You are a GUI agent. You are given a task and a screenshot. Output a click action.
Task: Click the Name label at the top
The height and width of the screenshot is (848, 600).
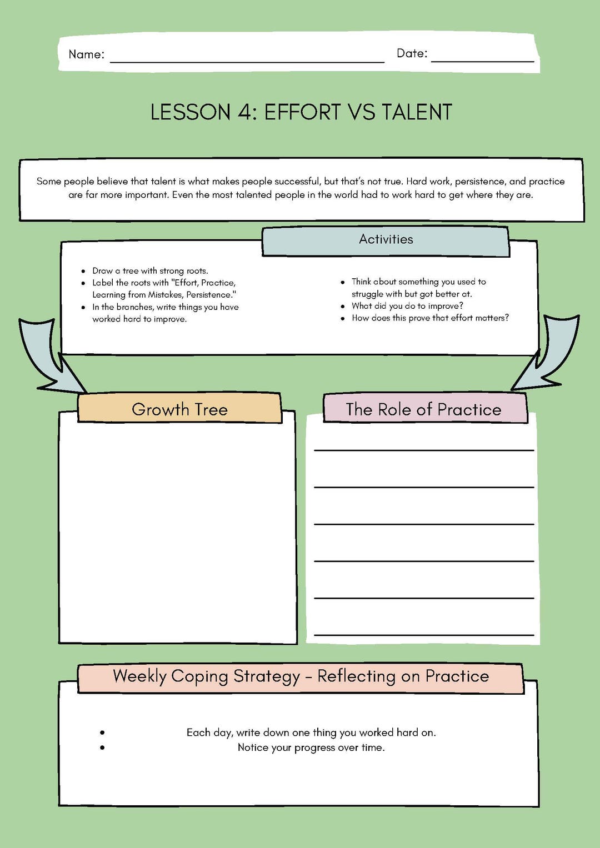[x=86, y=54]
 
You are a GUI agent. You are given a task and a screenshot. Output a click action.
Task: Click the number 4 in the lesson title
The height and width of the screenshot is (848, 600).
[x=244, y=112]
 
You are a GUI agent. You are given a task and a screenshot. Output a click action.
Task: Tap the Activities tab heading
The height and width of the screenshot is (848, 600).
[x=386, y=239]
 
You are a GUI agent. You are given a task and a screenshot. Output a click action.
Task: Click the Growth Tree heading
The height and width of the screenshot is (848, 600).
[x=179, y=409]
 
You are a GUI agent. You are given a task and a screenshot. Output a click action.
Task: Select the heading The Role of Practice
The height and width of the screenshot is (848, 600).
[x=423, y=409]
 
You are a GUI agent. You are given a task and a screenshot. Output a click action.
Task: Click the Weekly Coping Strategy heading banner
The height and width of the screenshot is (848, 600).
[x=301, y=676]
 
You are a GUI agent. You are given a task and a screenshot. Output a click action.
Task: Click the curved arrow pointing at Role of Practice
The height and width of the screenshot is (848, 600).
[x=550, y=355]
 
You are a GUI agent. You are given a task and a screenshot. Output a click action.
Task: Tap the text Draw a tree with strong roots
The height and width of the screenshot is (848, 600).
[x=150, y=271]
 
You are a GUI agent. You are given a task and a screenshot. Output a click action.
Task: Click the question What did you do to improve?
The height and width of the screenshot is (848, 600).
[x=407, y=306]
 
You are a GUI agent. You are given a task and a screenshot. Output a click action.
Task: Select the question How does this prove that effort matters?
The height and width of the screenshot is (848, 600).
[x=430, y=318]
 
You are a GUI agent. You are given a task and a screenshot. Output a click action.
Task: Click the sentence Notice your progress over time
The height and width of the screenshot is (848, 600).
[x=311, y=747]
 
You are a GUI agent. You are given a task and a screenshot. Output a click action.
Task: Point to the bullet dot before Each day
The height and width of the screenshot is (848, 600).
[x=102, y=732]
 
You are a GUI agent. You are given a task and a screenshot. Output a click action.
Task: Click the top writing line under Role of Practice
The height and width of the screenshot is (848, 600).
[x=424, y=450]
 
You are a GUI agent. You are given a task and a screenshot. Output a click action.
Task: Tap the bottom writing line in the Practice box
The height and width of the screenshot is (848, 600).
[x=424, y=635]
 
